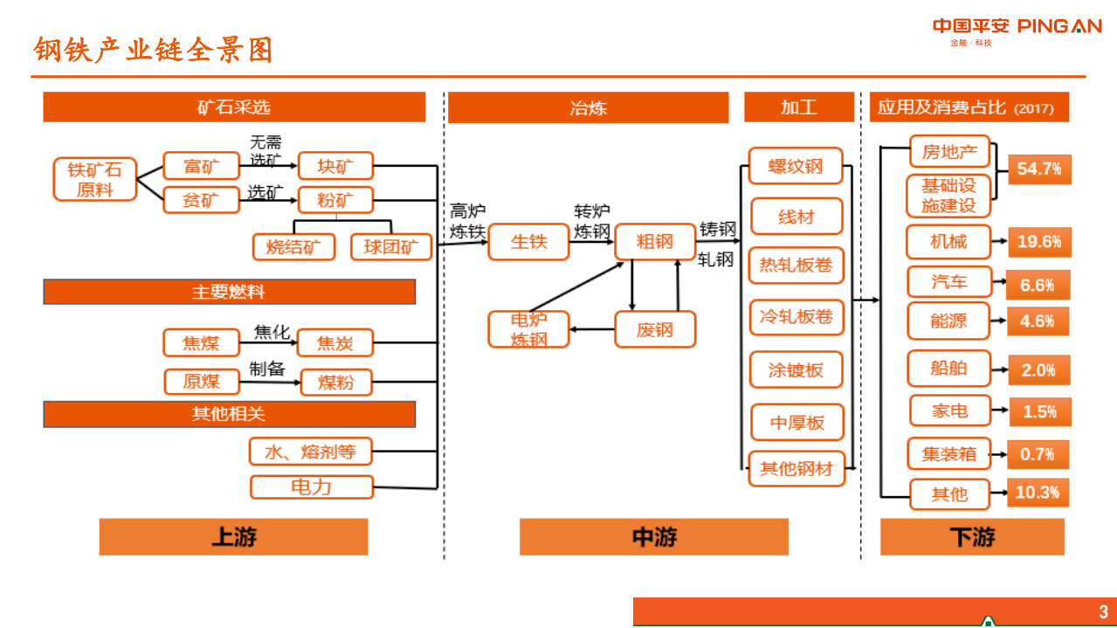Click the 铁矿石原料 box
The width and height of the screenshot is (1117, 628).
tap(95, 179)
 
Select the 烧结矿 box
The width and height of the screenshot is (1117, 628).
tap(294, 247)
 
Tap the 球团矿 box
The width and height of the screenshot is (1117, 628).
tap(391, 247)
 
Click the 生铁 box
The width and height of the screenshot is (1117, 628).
tap(528, 242)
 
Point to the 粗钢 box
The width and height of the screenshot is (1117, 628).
tap(655, 242)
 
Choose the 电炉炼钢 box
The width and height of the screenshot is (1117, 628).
tap(528, 330)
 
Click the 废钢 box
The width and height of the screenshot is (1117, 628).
tap(655, 330)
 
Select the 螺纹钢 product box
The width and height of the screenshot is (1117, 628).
tap(796, 166)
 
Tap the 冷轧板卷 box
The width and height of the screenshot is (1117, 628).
tap(796, 317)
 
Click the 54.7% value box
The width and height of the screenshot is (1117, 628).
tap(1039, 169)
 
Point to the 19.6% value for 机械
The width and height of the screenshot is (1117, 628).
tap(1039, 242)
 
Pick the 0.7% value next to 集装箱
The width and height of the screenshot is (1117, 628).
tap(1038, 454)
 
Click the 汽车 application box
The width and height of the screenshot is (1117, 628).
tap(949, 282)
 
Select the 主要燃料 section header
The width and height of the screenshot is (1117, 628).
tap(229, 292)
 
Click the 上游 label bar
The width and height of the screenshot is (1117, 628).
tap(233, 536)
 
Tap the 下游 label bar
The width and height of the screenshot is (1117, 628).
tap(972, 536)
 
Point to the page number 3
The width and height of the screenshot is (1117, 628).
tap(1103, 611)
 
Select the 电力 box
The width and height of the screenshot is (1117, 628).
tap(312, 487)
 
